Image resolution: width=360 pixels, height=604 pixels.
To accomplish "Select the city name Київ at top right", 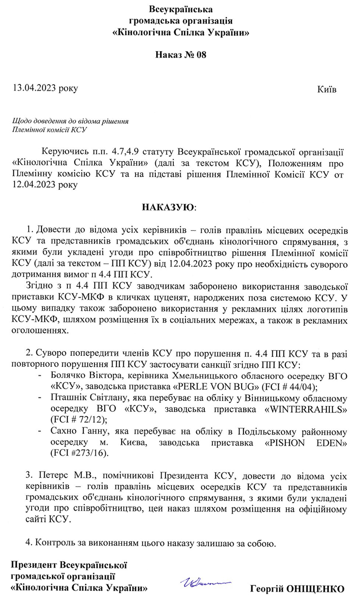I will [x=327, y=89].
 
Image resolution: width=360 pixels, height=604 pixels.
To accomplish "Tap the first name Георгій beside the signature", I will [x=267, y=589].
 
